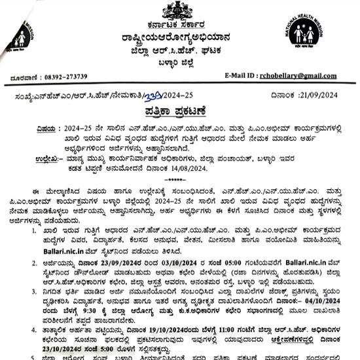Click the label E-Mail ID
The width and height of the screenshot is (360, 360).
246,76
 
